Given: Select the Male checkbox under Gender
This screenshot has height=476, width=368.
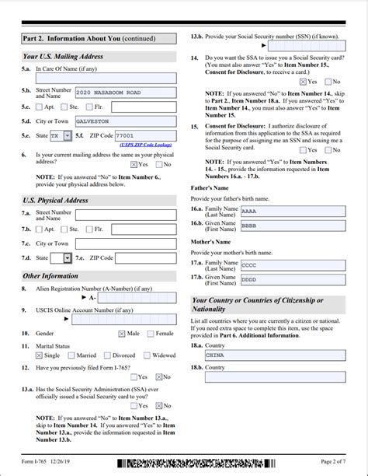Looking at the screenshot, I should point(122,334).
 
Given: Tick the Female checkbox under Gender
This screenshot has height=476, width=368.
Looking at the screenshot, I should point(150,334).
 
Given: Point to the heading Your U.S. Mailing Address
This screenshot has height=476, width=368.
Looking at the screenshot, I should point(63,56).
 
